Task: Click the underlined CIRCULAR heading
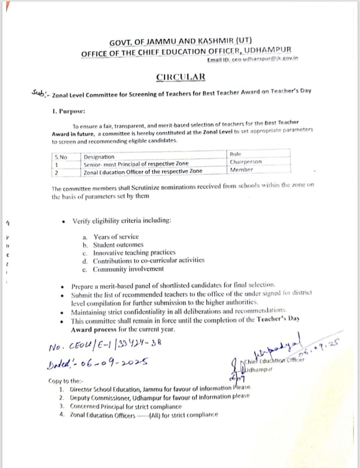(181, 77)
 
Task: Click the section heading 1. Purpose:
(69, 110)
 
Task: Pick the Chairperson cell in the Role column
(246, 162)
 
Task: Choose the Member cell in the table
(241, 170)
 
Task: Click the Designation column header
(99, 157)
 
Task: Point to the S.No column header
(61, 157)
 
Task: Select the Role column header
(236, 154)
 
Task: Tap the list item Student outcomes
(118, 245)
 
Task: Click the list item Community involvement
(128, 269)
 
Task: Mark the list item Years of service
(116, 237)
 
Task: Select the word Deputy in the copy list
(80, 397)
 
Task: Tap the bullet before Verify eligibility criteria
(64, 221)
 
